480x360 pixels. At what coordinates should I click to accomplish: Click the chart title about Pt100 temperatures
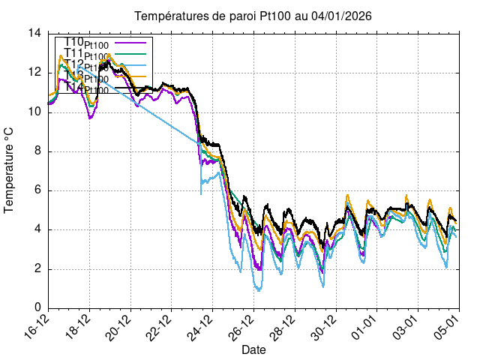pyautogui.click(x=253, y=16)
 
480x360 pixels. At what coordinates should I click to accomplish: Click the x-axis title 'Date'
pyautogui.click(x=253, y=349)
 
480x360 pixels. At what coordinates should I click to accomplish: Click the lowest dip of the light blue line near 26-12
pyautogui.click(x=259, y=289)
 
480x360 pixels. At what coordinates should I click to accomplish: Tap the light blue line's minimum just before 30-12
pyautogui.click(x=323, y=286)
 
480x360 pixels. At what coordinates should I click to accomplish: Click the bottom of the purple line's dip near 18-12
pyautogui.click(x=91, y=118)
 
